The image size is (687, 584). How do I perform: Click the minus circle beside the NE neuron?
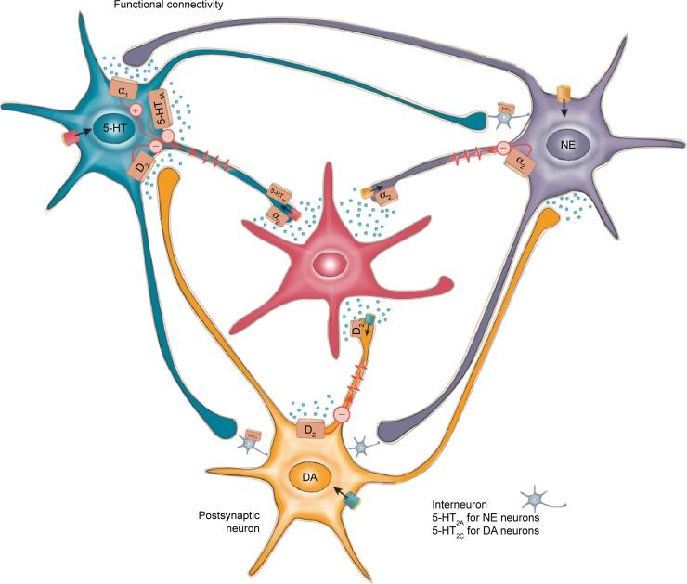(501, 147)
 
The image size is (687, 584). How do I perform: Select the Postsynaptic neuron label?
(228, 521)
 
